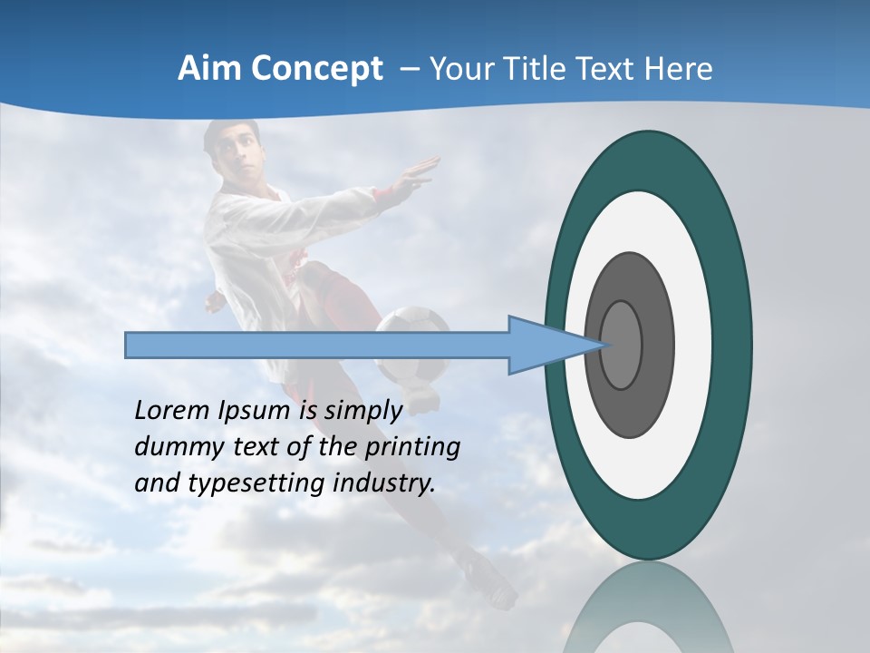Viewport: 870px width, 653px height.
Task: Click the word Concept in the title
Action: [317, 70]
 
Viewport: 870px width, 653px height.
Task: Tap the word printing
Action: [412, 447]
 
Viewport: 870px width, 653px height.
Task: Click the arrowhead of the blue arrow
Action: [553, 345]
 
